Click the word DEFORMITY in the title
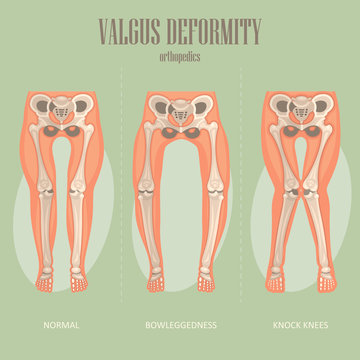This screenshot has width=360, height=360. pyautogui.click(x=213, y=31)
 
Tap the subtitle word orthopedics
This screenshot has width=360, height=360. pyautogui.click(x=181, y=56)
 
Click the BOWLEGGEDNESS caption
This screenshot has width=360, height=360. pyautogui.click(x=180, y=325)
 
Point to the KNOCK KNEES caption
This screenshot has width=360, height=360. pyautogui.click(x=301, y=325)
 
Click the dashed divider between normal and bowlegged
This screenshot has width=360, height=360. pyautogui.click(x=120, y=200)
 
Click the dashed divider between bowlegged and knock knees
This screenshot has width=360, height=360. pyautogui.click(x=241, y=200)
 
